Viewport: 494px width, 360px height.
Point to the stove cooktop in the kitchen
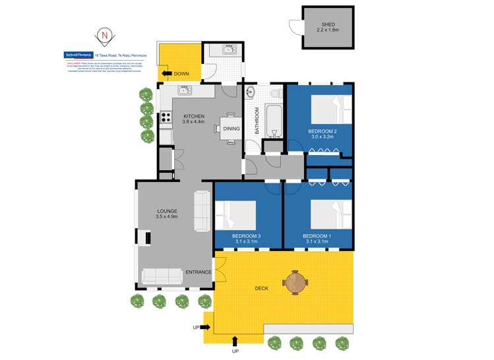[166, 119]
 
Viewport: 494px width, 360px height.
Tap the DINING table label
[231, 129]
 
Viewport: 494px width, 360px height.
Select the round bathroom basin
[251, 92]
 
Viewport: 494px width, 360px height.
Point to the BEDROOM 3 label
[247, 235]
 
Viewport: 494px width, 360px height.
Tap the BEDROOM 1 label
[317, 235]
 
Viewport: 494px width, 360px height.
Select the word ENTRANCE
[198, 272]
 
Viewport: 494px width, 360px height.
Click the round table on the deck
[295, 284]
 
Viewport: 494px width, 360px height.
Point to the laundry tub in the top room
[229, 49]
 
